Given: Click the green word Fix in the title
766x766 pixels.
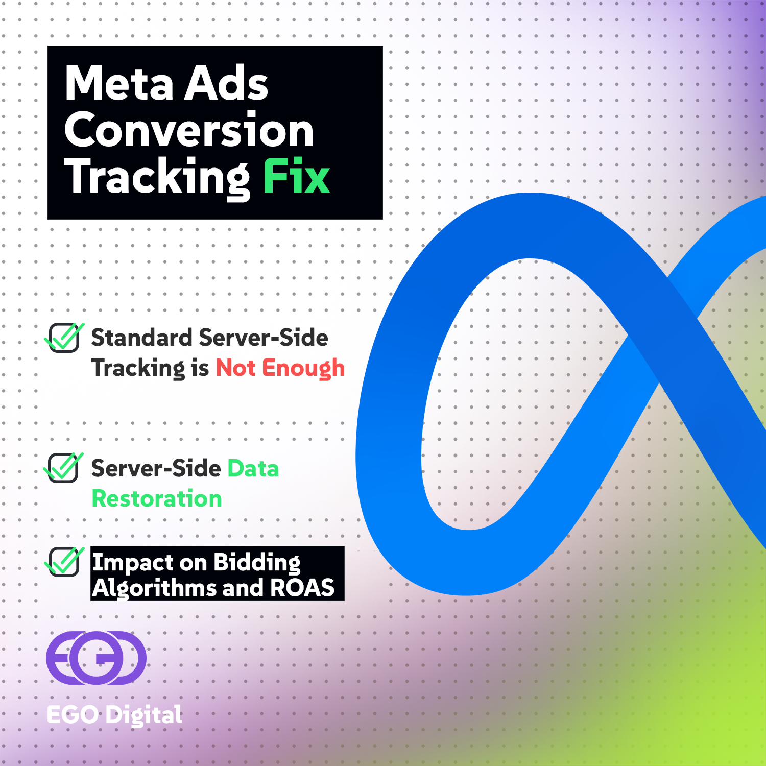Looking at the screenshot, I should click(x=296, y=177).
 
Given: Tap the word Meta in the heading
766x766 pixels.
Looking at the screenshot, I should click(x=119, y=83).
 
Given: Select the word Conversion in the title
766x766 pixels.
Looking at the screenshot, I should click(x=189, y=130).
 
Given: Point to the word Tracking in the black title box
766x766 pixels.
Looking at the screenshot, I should click(x=157, y=177).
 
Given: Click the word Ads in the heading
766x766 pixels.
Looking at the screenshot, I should click(x=226, y=83).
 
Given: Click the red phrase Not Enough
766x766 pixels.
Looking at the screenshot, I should click(x=280, y=368).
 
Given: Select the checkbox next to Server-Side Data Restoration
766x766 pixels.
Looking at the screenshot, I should click(x=63, y=468).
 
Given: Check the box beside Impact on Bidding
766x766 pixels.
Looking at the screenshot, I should click(x=64, y=562).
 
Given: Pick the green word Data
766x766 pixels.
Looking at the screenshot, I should click(x=253, y=469).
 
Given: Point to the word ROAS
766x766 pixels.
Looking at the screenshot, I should click(x=302, y=588).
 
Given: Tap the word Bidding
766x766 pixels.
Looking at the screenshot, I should click(x=257, y=563).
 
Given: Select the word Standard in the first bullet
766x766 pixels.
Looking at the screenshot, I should click(x=141, y=338).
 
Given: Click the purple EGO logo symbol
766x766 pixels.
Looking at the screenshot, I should click(x=96, y=658).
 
